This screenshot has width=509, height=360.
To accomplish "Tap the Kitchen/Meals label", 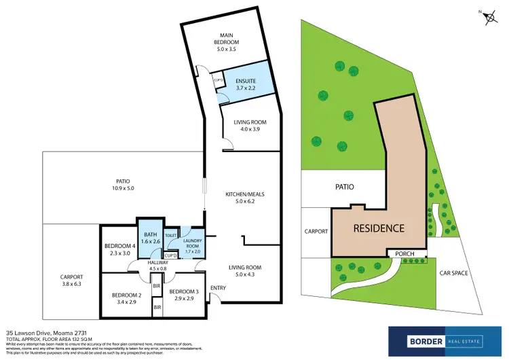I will (x=244, y=198).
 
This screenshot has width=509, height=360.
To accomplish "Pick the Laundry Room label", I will (x=193, y=245).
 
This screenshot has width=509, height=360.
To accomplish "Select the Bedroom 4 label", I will (x=118, y=249).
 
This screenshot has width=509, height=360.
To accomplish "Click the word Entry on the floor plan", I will (x=219, y=289).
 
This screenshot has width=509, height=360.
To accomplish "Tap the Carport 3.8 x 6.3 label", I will (x=71, y=281).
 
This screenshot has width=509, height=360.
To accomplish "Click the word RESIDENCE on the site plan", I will (x=379, y=229).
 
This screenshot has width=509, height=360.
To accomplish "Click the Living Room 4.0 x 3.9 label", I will (x=250, y=126).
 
